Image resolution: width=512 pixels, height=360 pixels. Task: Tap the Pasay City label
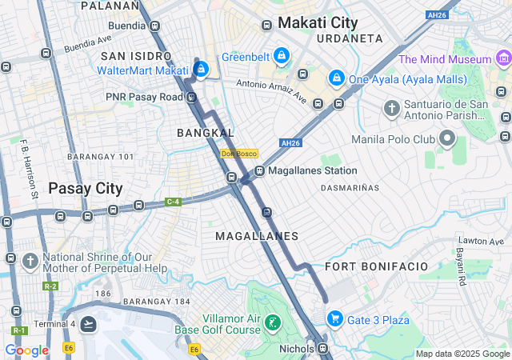[86, 189]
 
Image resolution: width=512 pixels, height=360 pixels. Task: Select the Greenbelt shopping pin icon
[281, 56]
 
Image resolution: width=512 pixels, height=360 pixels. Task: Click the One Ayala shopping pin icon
[337, 78]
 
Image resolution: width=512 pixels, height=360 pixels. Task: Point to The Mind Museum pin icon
[503, 58]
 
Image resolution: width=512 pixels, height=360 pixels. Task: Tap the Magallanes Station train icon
[260, 171]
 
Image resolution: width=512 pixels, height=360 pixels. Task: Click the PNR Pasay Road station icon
[191, 97]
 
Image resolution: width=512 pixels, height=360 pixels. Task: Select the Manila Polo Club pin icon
[446, 140]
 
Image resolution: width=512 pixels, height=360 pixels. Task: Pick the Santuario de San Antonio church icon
[391, 108]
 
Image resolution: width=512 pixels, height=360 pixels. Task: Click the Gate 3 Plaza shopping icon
[334, 320]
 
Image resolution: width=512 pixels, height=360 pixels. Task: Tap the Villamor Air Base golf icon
[274, 324]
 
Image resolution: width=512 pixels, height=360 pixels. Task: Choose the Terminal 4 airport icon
[88, 324]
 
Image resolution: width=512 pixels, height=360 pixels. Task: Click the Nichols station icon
[323, 349]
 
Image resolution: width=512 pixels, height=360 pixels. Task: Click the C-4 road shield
[173, 202]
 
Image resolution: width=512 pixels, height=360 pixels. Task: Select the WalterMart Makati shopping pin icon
[202, 70]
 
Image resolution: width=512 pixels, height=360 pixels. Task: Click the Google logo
[26, 350]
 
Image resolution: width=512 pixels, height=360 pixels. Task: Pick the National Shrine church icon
[30, 261]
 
